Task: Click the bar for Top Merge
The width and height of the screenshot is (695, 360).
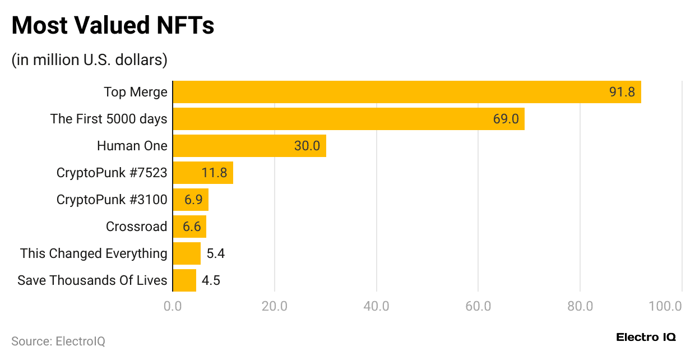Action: coord(406,92)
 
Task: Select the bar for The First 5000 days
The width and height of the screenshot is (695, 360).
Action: coord(348,119)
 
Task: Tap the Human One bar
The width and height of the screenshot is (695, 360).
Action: coord(249,146)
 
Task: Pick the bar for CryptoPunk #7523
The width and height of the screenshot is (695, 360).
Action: coord(202,173)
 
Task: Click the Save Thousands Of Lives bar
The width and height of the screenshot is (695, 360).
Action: coord(184,280)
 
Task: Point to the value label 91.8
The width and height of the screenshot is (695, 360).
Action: coord(622,92)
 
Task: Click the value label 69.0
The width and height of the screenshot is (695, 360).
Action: coord(506,119)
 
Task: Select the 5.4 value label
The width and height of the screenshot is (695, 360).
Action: coord(215,253)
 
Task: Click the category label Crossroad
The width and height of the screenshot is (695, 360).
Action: coord(136,227)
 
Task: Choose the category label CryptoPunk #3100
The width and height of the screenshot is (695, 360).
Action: coord(112,200)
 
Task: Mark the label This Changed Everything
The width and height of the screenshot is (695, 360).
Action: coord(94,253)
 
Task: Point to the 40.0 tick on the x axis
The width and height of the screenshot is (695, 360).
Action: coord(376,306)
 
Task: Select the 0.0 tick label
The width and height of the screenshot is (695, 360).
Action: coord(173,306)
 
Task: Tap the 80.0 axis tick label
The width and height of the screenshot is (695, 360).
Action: coord(580,306)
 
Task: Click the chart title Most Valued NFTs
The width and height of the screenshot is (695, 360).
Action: coord(113,26)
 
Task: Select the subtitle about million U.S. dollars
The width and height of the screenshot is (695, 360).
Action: coord(89,59)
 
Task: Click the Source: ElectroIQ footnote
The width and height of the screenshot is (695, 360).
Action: coord(58,341)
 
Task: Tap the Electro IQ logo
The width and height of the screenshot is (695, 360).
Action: coord(646,337)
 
